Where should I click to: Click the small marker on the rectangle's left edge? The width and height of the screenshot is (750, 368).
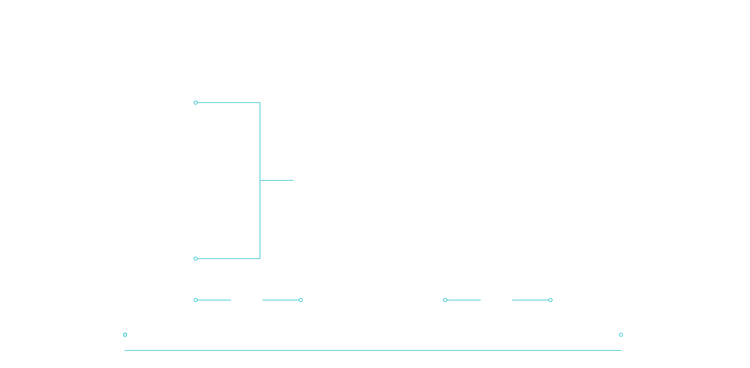[124, 334]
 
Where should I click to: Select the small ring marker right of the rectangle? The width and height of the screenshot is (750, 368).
[621, 334]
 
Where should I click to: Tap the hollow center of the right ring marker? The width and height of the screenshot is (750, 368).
[621, 334]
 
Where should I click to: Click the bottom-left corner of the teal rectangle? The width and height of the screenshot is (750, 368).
[125, 350]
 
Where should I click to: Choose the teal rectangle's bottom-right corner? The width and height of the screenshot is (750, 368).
[617, 350]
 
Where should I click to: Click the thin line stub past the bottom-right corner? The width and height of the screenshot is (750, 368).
[620, 350]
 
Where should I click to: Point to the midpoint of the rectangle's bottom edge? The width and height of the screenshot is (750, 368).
[372, 350]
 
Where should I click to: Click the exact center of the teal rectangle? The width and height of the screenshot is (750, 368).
[372, 225]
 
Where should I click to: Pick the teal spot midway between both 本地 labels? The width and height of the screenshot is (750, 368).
[371, 300]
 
